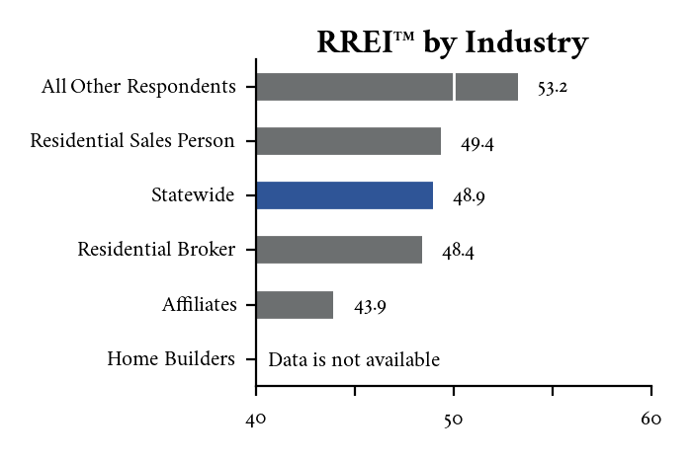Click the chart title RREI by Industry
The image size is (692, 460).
(452, 42)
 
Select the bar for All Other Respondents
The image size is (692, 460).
(387, 87)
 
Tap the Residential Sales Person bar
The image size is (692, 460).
(348, 141)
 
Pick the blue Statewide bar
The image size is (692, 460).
(344, 195)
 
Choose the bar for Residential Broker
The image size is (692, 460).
(339, 250)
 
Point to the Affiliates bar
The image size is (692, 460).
(295, 305)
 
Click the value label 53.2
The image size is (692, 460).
(553, 88)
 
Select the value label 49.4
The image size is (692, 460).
(476, 143)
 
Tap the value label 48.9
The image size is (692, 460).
(469, 197)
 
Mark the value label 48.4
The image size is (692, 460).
(458, 252)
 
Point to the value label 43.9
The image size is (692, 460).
(370, 306)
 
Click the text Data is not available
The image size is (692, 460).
(354, 359)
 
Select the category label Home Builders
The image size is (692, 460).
(171, 359)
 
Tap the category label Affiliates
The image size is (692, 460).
(200, 305)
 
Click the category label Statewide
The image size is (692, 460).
(193, 195)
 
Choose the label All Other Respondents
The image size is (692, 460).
(138, 87)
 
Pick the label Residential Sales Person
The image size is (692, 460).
(132, 141)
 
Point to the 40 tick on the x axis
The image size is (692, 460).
(256, 420)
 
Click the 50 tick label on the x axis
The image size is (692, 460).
(454, 420)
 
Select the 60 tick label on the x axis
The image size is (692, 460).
(650, 420)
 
